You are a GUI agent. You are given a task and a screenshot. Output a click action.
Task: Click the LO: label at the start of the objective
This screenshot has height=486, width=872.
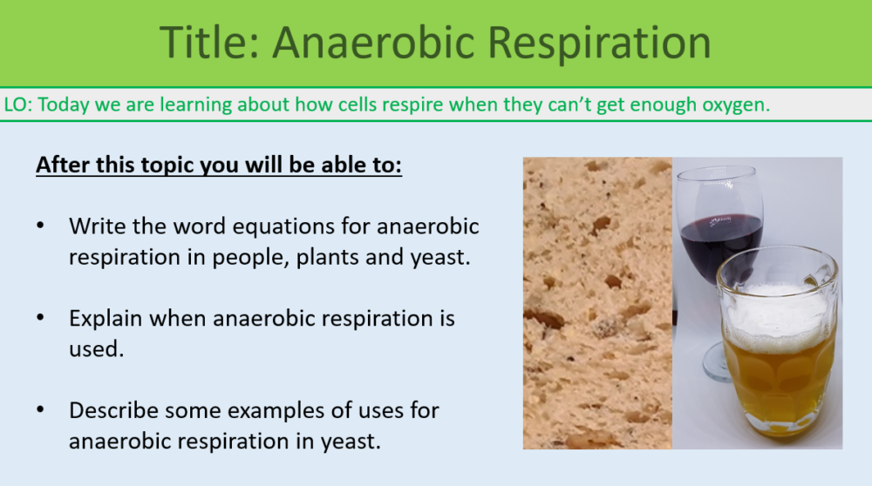click(19, 105)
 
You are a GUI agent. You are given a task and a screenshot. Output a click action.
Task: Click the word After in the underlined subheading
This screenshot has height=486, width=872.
click(63, 165)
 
